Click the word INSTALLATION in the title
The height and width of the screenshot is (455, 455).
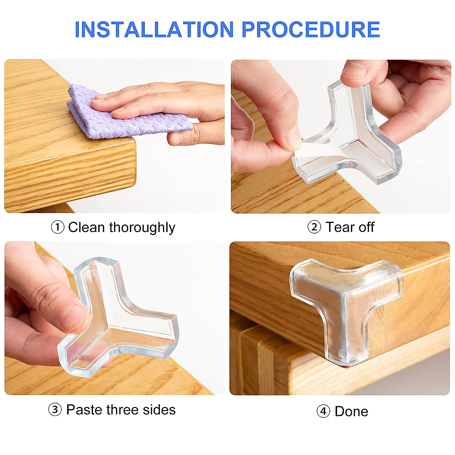pos(154,30)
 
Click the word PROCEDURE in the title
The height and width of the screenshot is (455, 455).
pos(311,30)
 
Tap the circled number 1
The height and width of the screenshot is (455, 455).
pos(57,227)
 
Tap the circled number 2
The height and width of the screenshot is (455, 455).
pos(314,227)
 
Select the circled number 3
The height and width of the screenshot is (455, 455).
pos(55,410)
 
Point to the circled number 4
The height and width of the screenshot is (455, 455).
pos(323,411)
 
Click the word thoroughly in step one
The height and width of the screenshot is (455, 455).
pos(142,227)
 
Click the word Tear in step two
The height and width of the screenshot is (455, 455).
pos(340,227)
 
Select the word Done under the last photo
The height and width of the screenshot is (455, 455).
pos(351,411)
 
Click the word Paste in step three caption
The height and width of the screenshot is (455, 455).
pos(85,410)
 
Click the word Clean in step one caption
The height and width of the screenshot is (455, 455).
pos(86,227)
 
